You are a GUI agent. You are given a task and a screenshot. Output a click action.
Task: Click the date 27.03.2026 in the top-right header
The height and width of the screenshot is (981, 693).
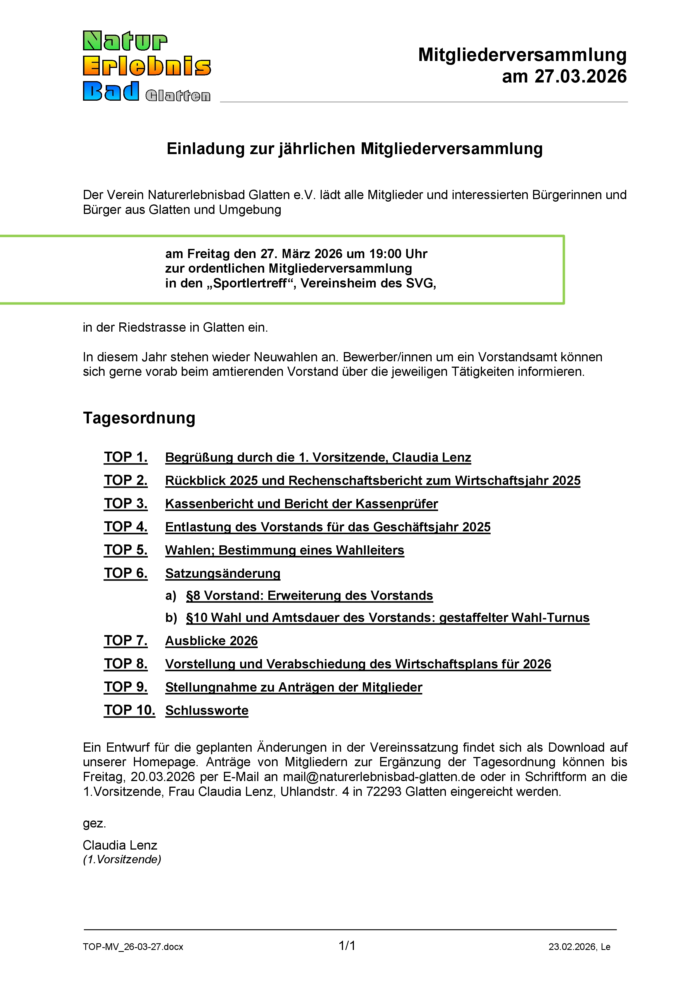[581, 76]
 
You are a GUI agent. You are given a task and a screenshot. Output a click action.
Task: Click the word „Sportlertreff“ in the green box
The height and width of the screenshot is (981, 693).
[250, 283]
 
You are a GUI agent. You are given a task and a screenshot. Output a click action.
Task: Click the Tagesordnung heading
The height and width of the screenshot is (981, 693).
[139, 418]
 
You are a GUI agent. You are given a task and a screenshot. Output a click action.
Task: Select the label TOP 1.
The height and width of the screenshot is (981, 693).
[126, 457]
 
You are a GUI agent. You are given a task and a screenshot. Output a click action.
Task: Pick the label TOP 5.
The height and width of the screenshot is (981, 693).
[126, 550]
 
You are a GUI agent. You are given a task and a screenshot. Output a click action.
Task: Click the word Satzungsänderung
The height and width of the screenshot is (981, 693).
[223, 573]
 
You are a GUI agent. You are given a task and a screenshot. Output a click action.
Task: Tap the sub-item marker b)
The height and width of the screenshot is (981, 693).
[171, 618]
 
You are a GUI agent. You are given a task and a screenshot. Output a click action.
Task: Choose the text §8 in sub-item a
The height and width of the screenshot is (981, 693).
[193, 596]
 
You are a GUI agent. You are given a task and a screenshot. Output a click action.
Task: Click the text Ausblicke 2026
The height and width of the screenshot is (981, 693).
[211, 641]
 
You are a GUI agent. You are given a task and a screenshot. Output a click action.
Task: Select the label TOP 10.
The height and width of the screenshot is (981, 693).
[129, 710]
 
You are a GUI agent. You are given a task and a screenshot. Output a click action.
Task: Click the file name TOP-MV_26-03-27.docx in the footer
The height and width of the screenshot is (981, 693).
[133, 947]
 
